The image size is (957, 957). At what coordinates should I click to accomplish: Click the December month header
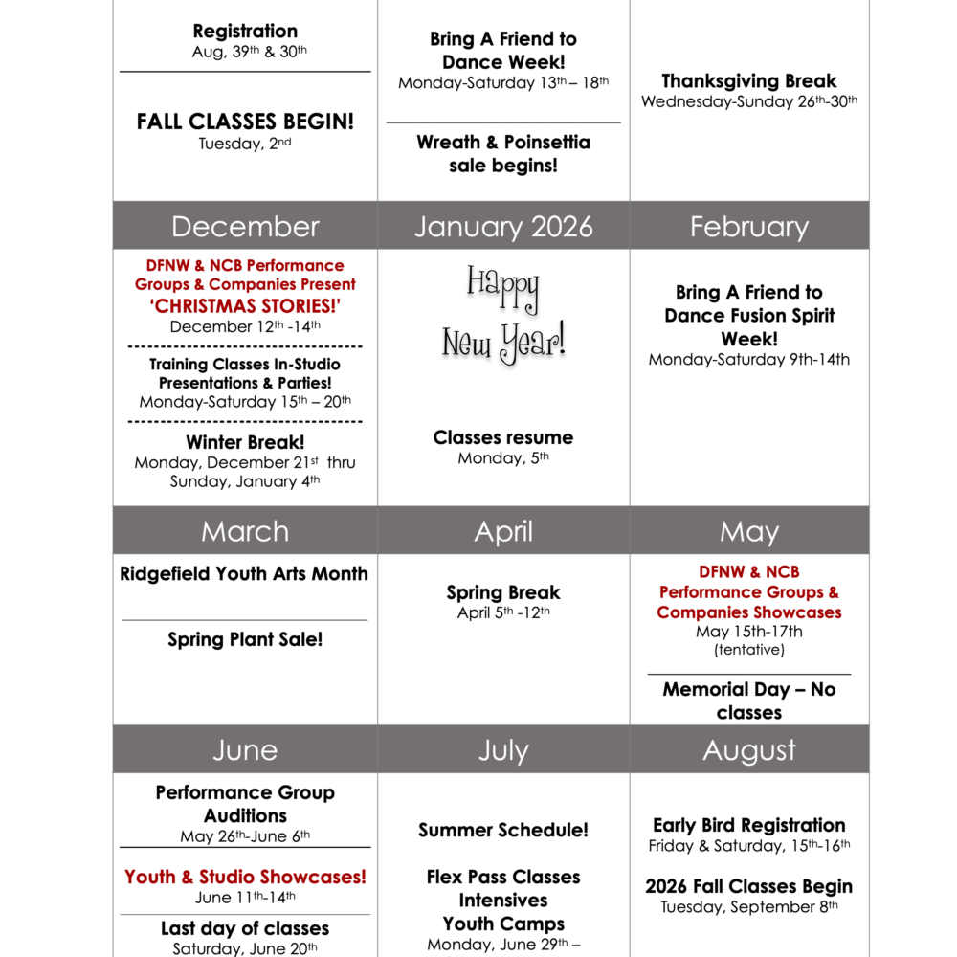coord(245,226)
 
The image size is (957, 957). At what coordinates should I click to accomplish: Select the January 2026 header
coord(503,226)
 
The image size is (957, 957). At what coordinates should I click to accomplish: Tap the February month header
coord(749,226)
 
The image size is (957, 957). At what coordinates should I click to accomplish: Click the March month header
coord(245,531)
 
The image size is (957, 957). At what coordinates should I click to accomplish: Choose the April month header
coord(503,531)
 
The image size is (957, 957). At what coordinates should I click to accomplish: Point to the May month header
coord(749,531)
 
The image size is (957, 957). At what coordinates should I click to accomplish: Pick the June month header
coord(245,750)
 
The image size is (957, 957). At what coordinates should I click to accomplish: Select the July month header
coord(503,750)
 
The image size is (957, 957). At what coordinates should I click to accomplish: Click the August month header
coord(749,750)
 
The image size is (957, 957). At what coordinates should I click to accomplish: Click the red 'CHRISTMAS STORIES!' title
coord(245,305)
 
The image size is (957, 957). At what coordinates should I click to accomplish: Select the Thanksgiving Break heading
coord(749,81)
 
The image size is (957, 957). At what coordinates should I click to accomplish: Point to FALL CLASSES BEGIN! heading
coord(245,122)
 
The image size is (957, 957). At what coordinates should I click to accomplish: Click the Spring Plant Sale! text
coord(245,639)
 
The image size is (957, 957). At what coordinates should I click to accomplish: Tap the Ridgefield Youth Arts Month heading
coord(244,574)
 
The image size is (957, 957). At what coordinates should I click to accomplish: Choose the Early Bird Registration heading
coord(749,825)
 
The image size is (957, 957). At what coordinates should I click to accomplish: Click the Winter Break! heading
coord(245,442)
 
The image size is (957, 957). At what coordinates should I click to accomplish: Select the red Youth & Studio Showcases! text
coord(245,877)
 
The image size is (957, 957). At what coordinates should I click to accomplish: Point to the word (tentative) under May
coord(749,650)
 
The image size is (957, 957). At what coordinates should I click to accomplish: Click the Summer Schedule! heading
coord(503,830)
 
